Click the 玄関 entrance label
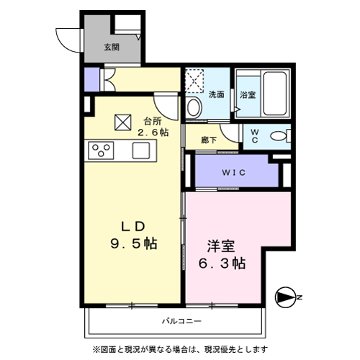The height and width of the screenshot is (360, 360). pyautogui.click(x=111, y=48)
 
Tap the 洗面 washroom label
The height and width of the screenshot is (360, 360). pyautogui.click(x=216, y=94)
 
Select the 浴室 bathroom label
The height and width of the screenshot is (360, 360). pyautogui.click(x=247, y=94)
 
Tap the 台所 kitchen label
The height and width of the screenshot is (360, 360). pyautogui.click(x=151, y=120)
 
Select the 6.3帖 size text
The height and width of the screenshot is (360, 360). pyautogui.click(x=220, y=263)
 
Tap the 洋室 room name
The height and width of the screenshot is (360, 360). pyautogui.click(x=220, y=243)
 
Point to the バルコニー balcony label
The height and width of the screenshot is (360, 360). pyautogui.click(x=176, y=320)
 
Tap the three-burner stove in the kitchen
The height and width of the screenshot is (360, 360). pyautogui.click(x=101, y=150)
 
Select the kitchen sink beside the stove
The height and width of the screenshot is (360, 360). pyautogui.click(x=140, y=150)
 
